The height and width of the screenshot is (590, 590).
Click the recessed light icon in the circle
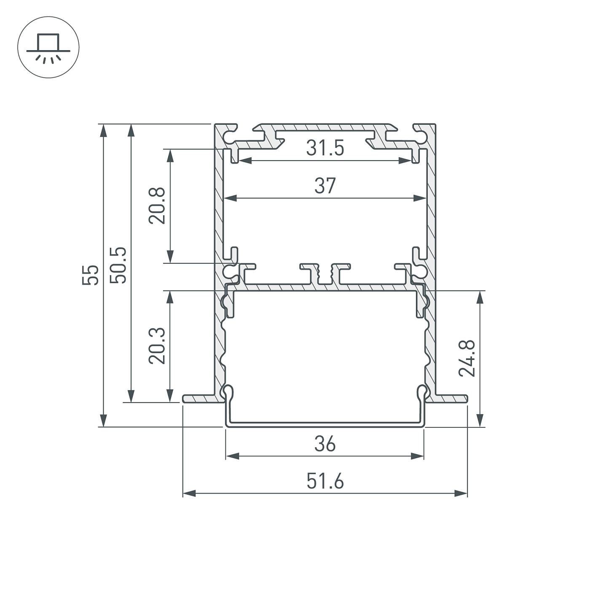pos(48,47)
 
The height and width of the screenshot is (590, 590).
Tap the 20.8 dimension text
pos(157,206)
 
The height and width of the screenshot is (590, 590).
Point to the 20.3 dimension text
pos(157,346)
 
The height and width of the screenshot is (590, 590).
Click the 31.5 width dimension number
pos(325,148)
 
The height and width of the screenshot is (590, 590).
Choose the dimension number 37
pos(325,186)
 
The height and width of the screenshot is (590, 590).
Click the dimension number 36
pos(325,444)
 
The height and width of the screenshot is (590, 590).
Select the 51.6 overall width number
pos(325,481)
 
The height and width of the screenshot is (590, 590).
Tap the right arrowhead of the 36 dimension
pos(418,456)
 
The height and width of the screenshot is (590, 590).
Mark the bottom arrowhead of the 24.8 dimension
pos(480,420)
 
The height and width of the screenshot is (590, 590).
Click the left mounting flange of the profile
pos(200,398)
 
